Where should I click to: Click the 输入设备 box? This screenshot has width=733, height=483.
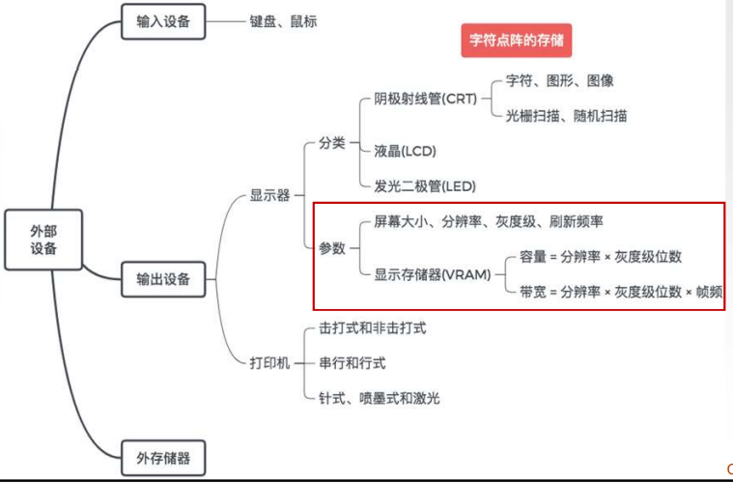164,21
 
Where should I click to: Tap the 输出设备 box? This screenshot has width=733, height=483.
164,280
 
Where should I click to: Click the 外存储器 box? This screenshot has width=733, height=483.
164,456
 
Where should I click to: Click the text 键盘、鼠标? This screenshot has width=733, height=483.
283,21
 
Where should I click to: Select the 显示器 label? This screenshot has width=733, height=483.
270,195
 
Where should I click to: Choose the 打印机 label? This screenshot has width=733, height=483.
270,362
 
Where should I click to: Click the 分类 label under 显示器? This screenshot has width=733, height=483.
331,143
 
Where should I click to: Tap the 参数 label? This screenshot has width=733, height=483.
331,248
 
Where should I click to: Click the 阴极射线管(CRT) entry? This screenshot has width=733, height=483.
426,99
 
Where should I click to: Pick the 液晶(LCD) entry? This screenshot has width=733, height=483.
405,151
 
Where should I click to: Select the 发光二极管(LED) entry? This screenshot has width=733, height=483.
425,185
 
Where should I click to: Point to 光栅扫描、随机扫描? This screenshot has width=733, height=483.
566,116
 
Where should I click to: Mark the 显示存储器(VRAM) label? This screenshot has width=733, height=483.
433,273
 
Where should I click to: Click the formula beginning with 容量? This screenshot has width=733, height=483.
600,257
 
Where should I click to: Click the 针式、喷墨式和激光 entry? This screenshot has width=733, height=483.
380,398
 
